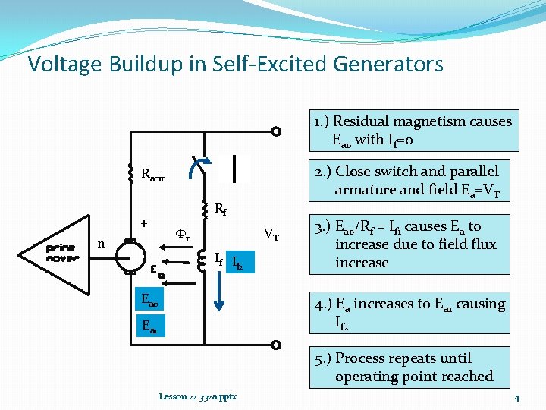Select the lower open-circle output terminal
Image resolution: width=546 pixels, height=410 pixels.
pyautogui.click(x=277, y=347)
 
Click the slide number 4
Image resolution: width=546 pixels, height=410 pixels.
pyautogui.click(x=516, y=398)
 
